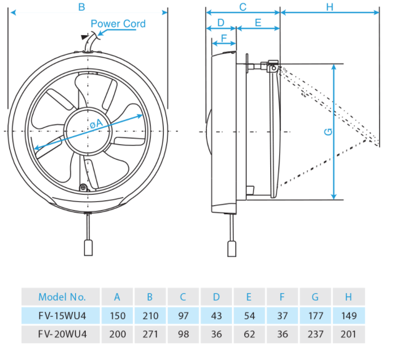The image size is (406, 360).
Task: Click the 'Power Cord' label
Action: click(x=118, y=24)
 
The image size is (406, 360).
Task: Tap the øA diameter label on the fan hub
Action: click(x=97, y=124)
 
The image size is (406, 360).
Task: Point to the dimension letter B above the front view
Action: click(x=81, y=7)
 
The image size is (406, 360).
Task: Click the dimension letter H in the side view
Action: click(x=329, y=7)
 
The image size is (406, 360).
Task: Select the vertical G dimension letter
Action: click(x=328, y=132)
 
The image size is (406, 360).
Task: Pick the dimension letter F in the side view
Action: click(x=224, y=38)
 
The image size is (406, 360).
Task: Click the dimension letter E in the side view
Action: click(x=258, y=23)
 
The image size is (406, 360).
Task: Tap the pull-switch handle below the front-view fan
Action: click(x=88, y=248)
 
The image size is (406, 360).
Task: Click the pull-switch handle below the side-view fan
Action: click(x=232, y=249)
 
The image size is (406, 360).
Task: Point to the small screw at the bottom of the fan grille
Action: click(x=83, y=187)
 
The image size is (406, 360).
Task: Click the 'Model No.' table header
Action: click(x=62, y=297)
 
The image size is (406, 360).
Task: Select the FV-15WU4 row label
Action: click(x=62, y=316)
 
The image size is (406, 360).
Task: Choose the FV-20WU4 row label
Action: click(x=63, y=334)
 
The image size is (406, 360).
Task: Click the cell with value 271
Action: click(x=150, y=334)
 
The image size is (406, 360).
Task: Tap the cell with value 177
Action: click(x=315, y=316)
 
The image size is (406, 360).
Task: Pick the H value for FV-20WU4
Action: click(x=348, y=334)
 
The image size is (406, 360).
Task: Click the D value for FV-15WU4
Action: click(x=216, y=316)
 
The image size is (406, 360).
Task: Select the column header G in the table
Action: click(x=315, y=297)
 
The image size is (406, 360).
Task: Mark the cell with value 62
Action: click(x=249, y=334)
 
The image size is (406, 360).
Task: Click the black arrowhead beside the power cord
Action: click(x=85, y=37)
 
